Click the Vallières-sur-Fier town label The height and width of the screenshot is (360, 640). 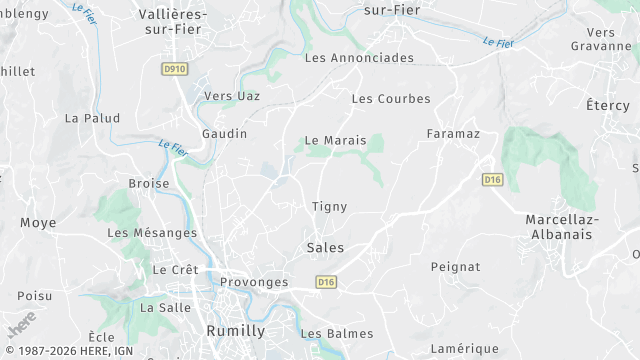point(171,22)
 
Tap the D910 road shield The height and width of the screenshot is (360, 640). point(174,69)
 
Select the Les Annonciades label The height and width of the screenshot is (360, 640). point(359,58)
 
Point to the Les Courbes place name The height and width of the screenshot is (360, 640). point(391,99)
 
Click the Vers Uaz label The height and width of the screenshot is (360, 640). point(231,96)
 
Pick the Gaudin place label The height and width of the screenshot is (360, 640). point(224,133)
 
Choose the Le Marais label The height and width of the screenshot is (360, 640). point(336,141)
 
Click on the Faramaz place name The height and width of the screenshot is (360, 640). point(453,134)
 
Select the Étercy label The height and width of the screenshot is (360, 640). point(608,105)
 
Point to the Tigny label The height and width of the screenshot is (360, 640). point(329,207)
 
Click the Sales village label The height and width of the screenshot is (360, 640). point(325,248)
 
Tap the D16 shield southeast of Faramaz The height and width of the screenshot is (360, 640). point(492,180)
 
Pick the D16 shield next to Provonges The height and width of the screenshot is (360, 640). point(325,283)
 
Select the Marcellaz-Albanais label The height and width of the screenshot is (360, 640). point(559,226)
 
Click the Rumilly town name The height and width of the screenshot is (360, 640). point(235,331)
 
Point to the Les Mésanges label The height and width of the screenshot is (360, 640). point(152,233)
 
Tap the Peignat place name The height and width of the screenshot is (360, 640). point(455,267)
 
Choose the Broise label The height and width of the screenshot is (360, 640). point(149,184)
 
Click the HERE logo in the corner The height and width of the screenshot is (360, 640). point(21,324)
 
